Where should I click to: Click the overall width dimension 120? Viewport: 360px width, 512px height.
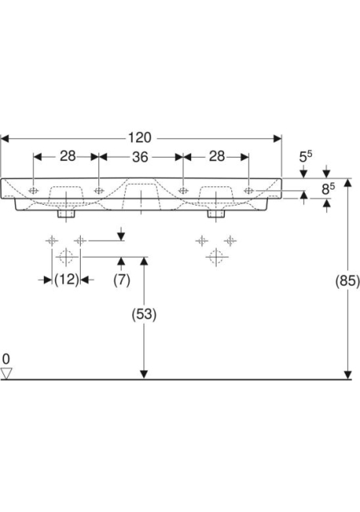tap(139, 138)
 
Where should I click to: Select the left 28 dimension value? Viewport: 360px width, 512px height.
tap(68, 156)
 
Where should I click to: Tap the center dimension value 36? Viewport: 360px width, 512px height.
tap(140, 157)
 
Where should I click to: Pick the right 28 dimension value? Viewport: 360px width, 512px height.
tap(217, 156)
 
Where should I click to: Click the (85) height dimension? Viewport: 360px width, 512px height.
tap(347, 281)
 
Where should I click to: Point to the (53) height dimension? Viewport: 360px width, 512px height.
tap(144, 314)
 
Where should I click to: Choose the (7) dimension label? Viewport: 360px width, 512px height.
tap(122, 280)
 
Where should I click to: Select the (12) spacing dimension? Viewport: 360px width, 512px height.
tap(66, 280)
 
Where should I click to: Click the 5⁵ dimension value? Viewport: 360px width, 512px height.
tap(306, 157)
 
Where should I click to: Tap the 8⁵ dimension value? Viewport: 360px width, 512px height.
tap(328, 189)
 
